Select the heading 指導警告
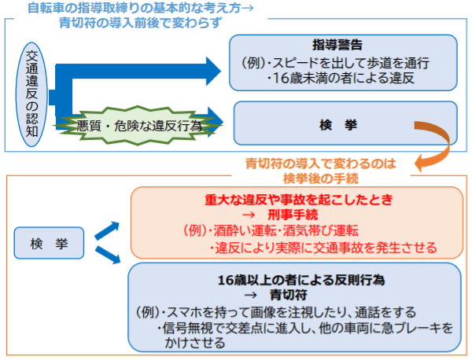point(342,45)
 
